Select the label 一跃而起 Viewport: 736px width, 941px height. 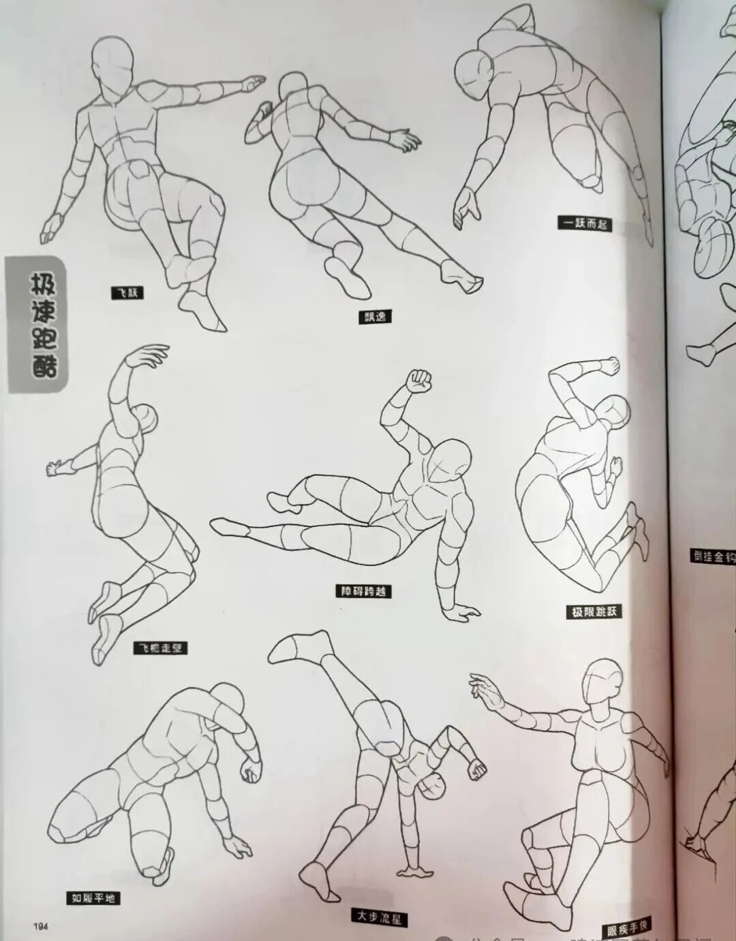click(583, 223)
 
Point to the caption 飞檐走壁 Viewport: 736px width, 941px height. click(159, 648)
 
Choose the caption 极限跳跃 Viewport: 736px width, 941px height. click(594, 611)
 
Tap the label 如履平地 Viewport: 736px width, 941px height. click(93, 898)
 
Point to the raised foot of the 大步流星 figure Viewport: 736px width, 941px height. click(296, 646)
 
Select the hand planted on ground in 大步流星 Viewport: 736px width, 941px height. click(414, 874)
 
